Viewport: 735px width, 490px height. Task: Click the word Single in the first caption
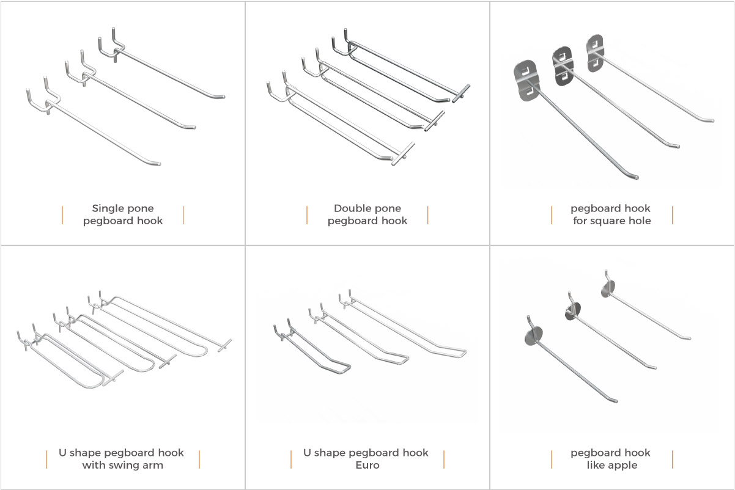pyautogui.click(x=104, y=208)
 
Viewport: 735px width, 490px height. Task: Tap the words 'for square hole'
pyautogui.click(x=611, y=221)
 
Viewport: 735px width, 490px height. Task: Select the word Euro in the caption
pyautogui.click(x=367, y=465)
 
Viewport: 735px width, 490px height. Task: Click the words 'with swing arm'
pyautogui.click(x=122, y=465)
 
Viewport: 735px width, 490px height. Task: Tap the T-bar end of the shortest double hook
pyautogui.click(x=461, y=92)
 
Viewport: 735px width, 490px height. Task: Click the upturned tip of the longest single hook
pyautogui.click(x=157, y=163)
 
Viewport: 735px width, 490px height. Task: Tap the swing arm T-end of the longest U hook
pyautogui.click(x=224, y=345)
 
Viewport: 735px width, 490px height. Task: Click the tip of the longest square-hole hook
pyautogui.click(x=637, y=177)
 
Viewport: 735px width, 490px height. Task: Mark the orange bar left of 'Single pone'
pyautogui.click(x=62, y=214)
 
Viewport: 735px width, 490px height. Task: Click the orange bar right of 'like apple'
pyautogui.click(x=672, y=459)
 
